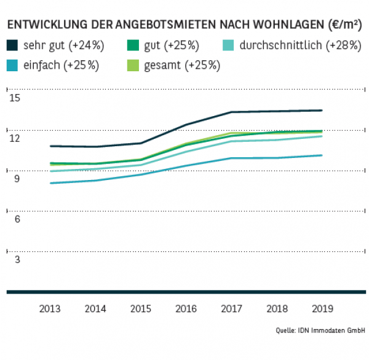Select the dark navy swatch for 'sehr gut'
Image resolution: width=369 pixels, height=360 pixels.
13,45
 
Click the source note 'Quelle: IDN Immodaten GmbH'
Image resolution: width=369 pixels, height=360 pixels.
320,331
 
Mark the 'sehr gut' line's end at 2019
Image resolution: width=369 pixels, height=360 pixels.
322,111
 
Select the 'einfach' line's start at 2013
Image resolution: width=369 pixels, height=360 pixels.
50,183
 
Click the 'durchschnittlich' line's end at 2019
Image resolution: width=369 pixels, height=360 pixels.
322,136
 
